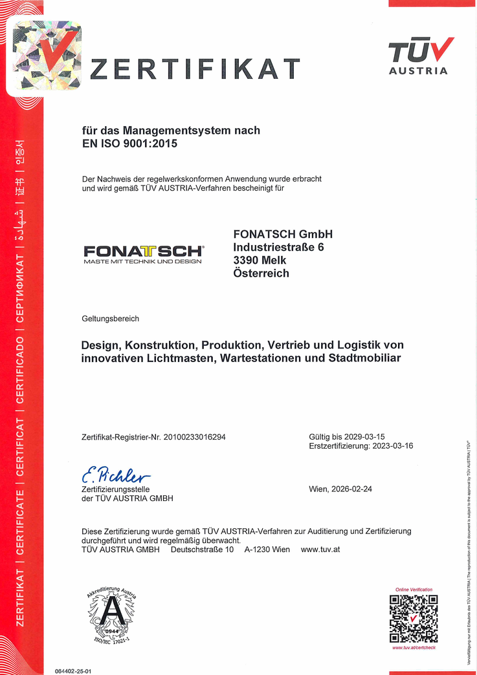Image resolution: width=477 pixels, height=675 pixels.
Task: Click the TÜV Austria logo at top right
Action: pyautogui.click(x=419, y=56)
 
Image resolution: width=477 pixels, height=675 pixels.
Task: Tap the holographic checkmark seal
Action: pyautogui.click(x=47, y=56)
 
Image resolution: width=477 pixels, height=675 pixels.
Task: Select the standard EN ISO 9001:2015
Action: pyautogui.click(x=129, y=144)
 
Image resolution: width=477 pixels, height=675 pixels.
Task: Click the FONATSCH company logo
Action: pyautogui.click(x=143, y=253)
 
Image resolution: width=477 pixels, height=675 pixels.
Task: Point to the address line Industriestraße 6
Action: pyautogui.click(x=278, y=247)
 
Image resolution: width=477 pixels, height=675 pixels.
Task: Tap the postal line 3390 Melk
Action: pyautogui.click(x=260, y=260)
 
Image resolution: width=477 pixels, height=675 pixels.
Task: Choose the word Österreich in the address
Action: pyautogui.click(x=261, y=273)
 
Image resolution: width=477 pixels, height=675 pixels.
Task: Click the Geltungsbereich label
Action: pyautogui.click(x=110, y=319)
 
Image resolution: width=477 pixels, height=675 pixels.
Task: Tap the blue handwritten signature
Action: pyautogui.click(x=116, y=476)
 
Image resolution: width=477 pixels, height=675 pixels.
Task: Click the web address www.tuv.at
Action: pyautogui.click(x=320, y=549)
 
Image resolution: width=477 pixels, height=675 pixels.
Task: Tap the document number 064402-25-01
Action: pyautogui.click(x=73, y=671)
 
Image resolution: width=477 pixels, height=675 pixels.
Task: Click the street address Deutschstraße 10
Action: pyautogui.click(x=202, y=549)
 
